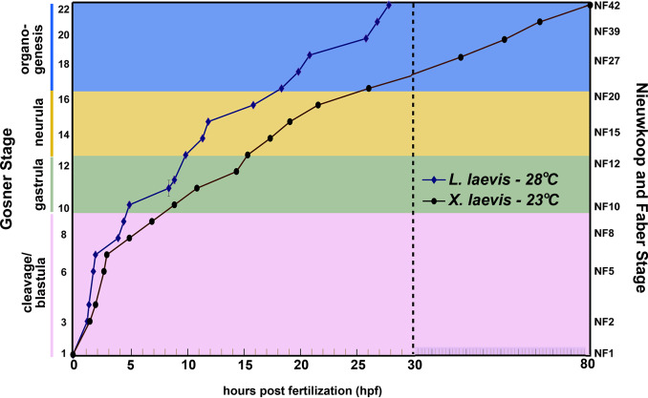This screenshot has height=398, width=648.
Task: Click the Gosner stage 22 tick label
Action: pyautogui.click(x=63, y=10)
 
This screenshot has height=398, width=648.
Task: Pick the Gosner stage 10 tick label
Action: pyautogui.click(x=63, y=207)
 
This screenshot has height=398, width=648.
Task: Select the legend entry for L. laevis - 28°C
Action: pyautogui.click(x=489, y=178)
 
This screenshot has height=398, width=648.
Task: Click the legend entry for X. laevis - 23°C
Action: pyautogui.click(x=489, y=200)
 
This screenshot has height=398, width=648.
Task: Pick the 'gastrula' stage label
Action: pyautogui.click(x=38, y=184)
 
